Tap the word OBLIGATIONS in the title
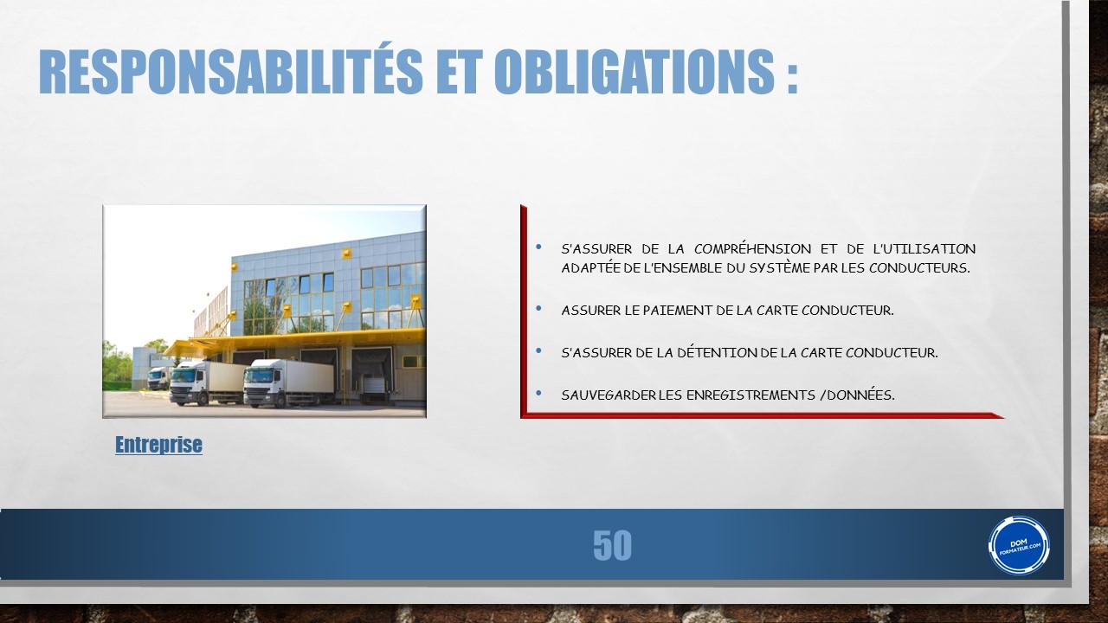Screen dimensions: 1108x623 (x=634, y=71)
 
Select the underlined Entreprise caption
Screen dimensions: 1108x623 (x=158, y=445)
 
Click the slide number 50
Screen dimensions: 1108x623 (x=612, y=545)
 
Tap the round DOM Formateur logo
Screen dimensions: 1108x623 (x=1019, y=545)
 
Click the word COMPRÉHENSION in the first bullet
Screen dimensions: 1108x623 (x=752, y=248)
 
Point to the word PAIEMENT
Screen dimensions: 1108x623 (x=677, y=311)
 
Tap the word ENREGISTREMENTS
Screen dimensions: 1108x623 (x=750, y=395)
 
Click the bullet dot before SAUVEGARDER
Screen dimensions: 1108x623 (x=538, y=394)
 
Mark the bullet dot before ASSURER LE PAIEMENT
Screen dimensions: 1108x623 (x=538, y=309)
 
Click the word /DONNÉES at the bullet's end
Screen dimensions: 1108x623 (x=857, y=395)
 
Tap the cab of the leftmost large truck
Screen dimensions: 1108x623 (x=187, y=382)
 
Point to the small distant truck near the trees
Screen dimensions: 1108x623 (x=158, y=378)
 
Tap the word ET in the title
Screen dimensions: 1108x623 (x=459, y=71)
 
